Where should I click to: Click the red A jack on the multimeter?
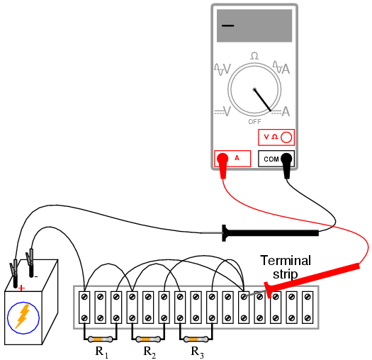pyautogui.click(x=223, y=159)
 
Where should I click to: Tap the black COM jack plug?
pyautogui.click(x=286, y=159)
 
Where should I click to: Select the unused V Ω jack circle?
pyautogui.click(x=286, y=137)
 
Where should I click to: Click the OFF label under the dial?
pyautogui.click(x=254, y=122)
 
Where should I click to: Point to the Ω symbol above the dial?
pyautogui.click(x=254, y=56)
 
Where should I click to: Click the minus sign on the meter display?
pyautogui.click(x=227, y=26)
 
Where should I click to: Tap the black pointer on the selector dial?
pyautogui.click(x=263, y=100)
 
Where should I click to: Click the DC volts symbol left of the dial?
pyautogui.click(x=222, y=111)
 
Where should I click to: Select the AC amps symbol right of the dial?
pyautogui.click(x=281, y=68)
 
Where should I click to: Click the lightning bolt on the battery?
pyautogui.click(x=23, y=316)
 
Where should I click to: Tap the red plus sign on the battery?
pyautogui.click(x=21, y=288)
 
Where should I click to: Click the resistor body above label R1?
pyautogui.click(x=100, y=339)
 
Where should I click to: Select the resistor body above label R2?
pyautogui.click(x=148, y=339)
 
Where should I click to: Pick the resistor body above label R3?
pyautogui.click(x=196, y=339)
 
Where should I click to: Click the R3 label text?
pyautogui.click(x=198, y=352)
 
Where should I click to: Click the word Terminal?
pyautogui.click(x=286, y=261)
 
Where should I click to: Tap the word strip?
pyautogui.click(x=285, y=274)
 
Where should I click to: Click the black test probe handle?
pyautogui.click(x=271, y=233)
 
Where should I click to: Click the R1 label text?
pyautogui.click(x=102, y=352)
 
